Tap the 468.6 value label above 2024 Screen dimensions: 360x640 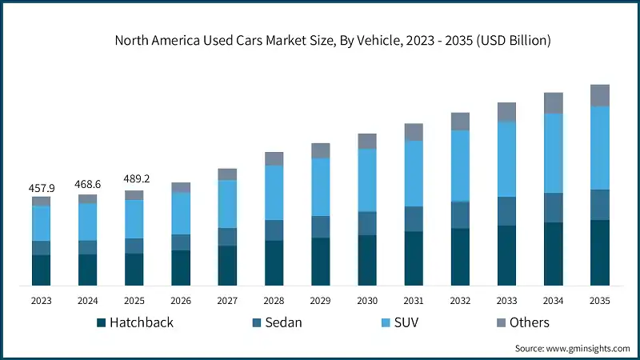87,184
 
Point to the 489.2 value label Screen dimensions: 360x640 134,180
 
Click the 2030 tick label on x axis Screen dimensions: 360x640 366,300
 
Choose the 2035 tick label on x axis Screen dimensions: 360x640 599,300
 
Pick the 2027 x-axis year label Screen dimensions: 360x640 227,300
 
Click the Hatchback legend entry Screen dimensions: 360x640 134,322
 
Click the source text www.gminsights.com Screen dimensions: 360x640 572,349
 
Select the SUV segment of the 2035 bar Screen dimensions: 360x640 599,148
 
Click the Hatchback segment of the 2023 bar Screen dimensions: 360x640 41,270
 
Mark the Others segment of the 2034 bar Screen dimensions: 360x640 553,102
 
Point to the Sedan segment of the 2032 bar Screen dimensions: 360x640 459,214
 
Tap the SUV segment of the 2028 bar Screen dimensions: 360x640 274,192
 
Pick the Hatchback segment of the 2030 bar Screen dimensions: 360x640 366,260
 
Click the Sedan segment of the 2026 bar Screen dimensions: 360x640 181,242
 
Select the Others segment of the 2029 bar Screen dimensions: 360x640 320,150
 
